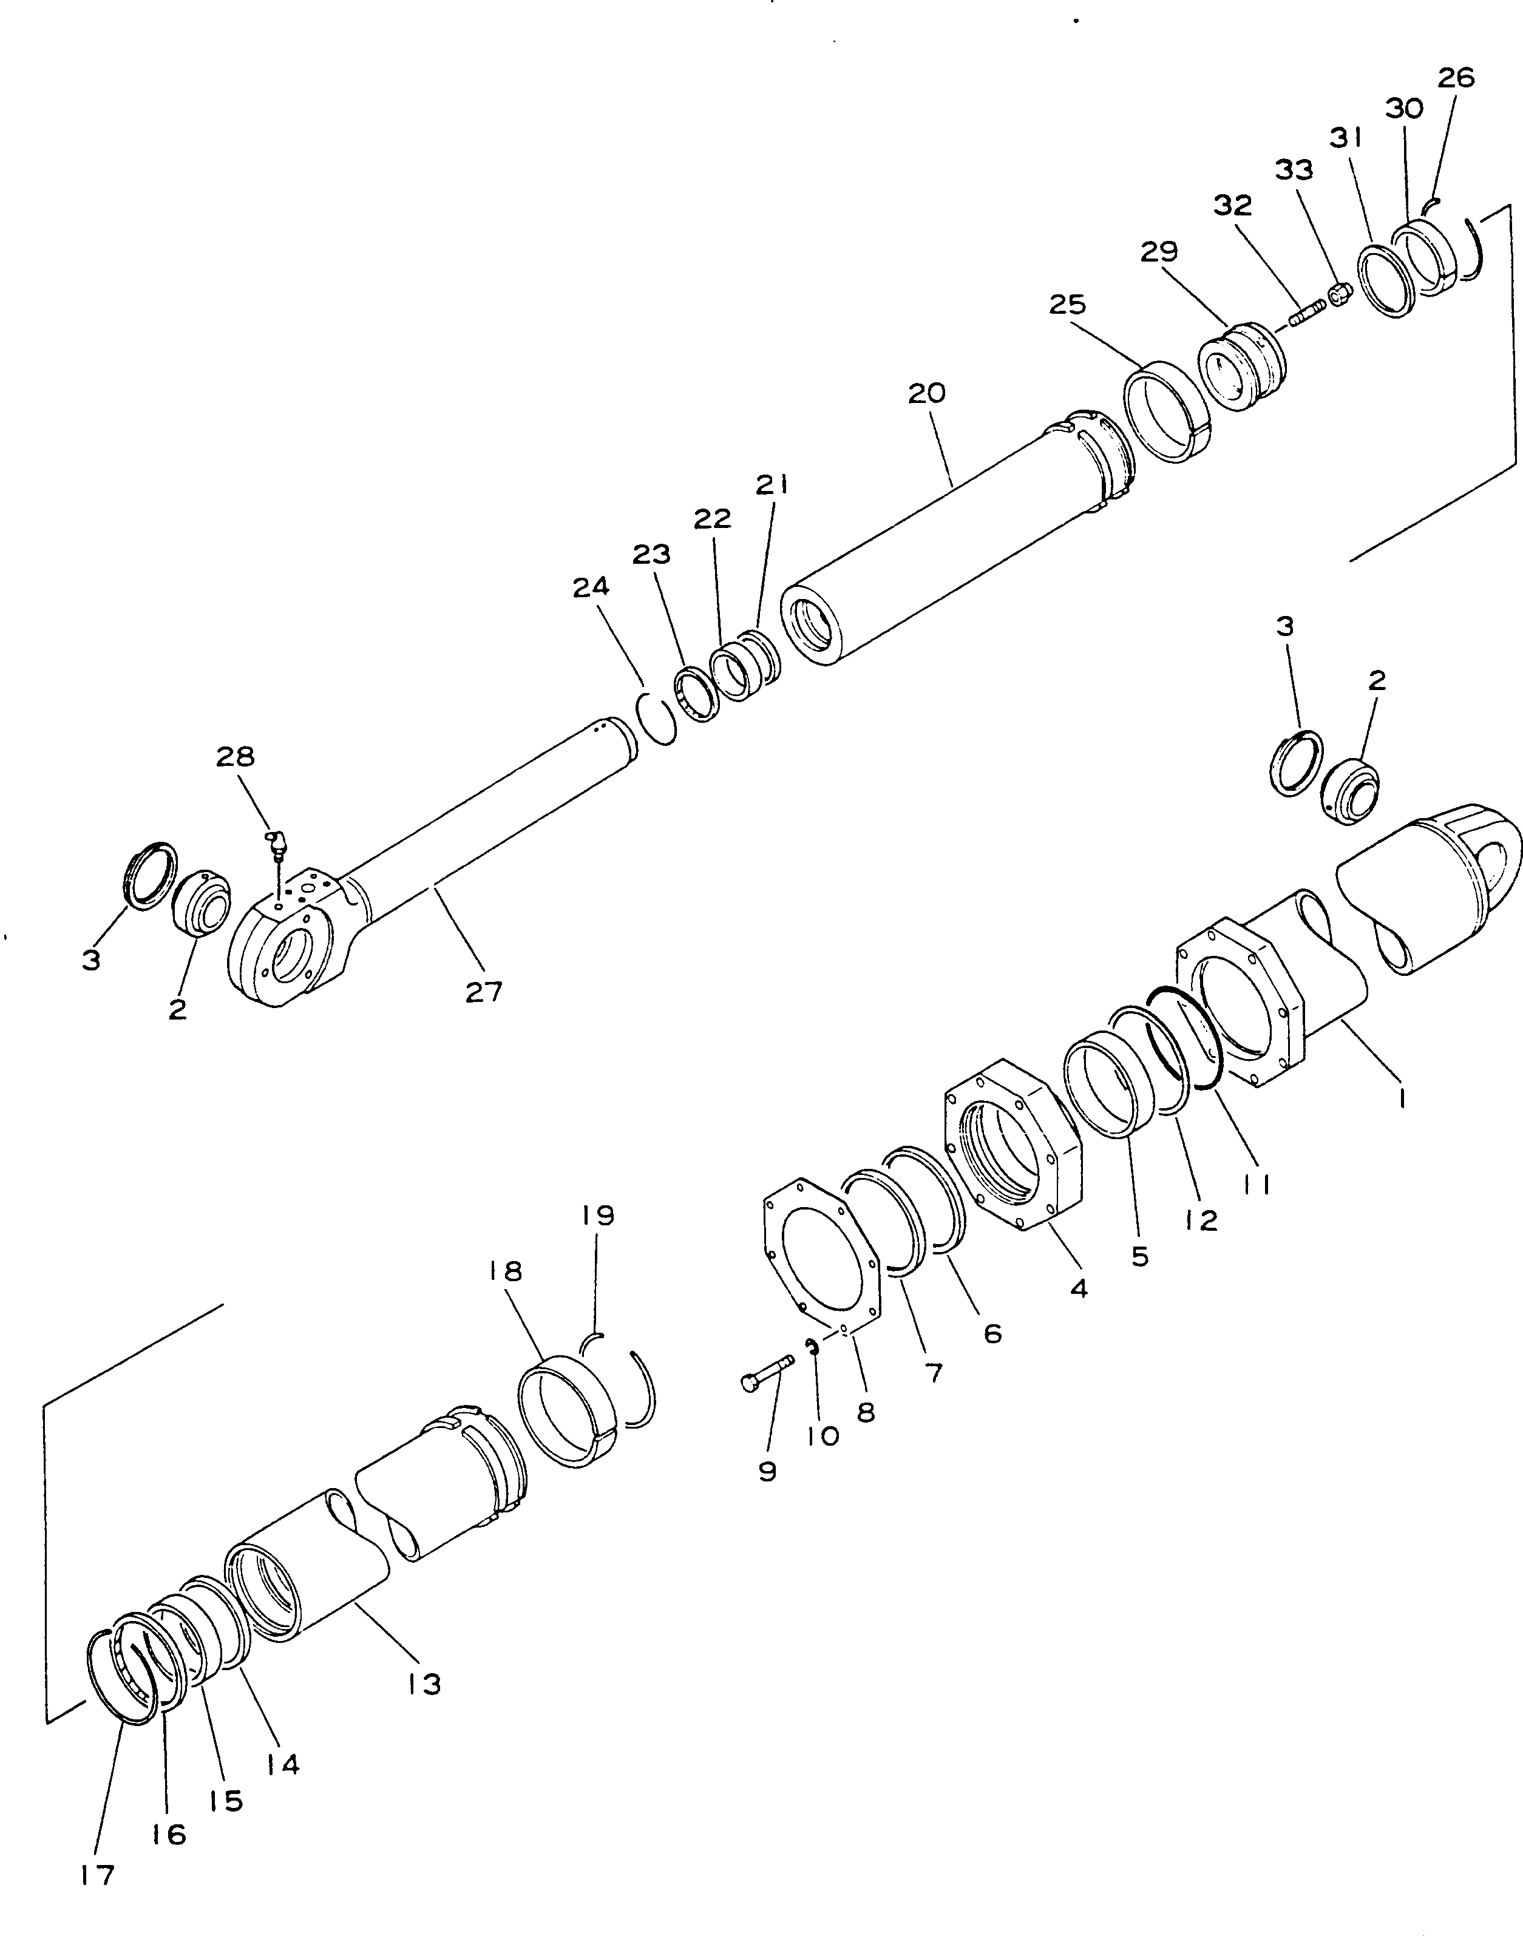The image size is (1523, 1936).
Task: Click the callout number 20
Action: [926, 393]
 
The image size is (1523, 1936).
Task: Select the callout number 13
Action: [424, 1684]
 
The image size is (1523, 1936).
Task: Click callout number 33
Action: [1293, 169]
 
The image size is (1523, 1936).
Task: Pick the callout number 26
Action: [1456, 78]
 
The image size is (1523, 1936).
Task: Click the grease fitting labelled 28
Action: [276, 842]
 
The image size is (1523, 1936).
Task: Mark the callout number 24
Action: [591, 586]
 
